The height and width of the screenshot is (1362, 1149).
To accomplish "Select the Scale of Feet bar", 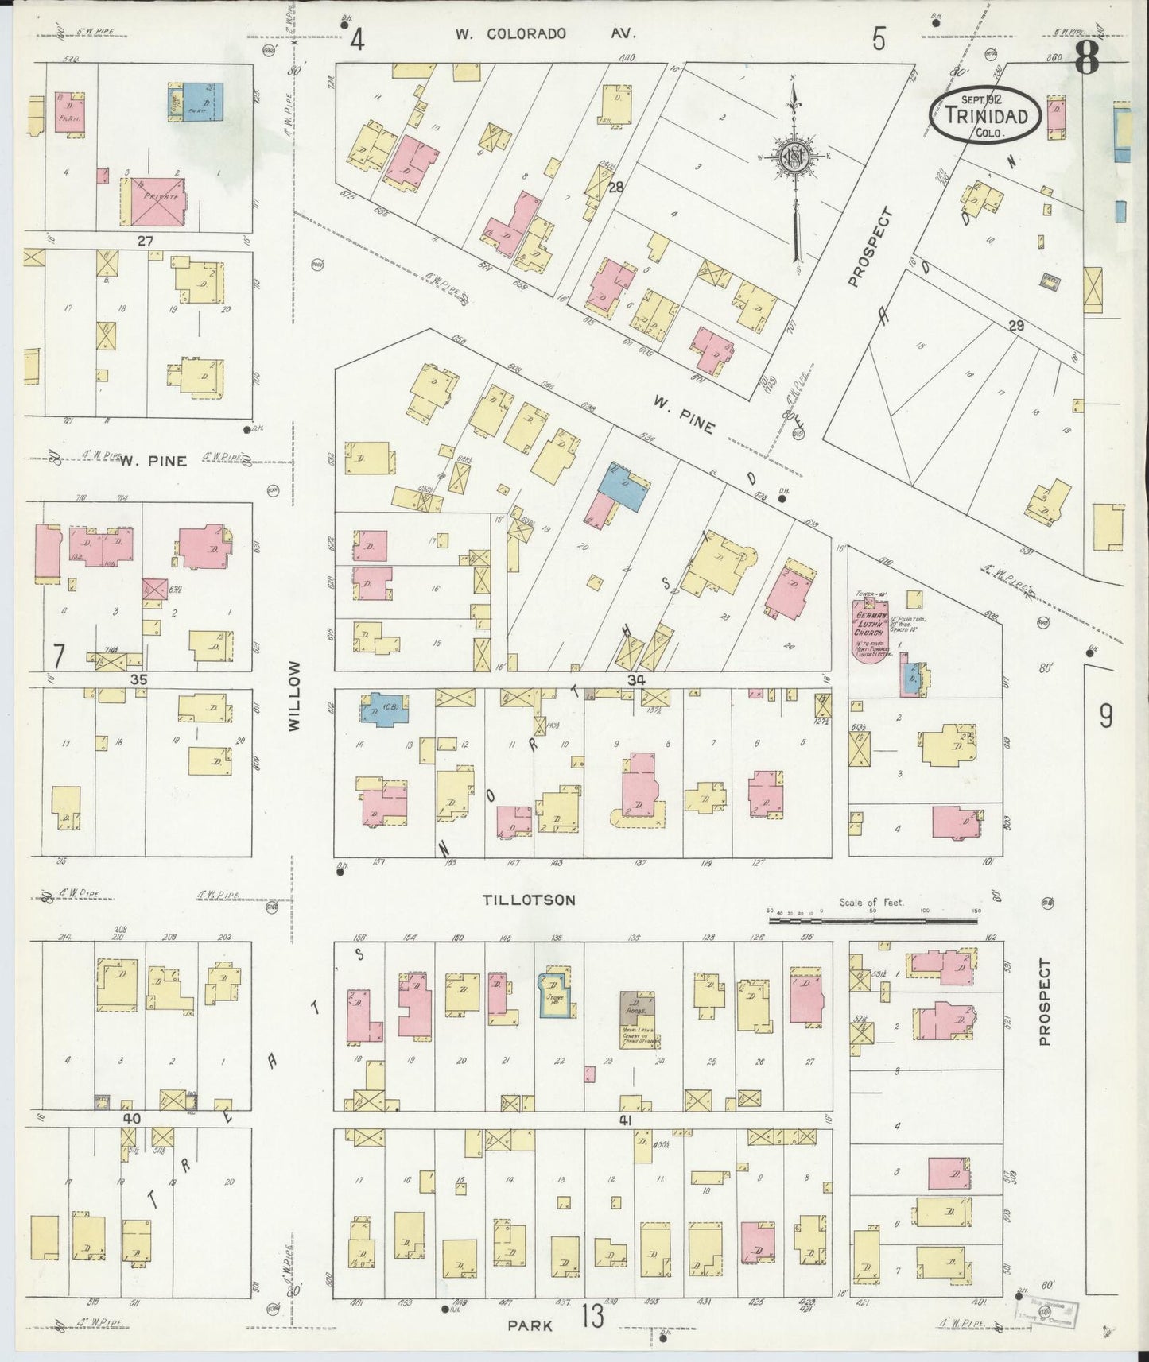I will click(872, 921).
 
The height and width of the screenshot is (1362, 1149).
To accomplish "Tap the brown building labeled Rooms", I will click(637, 1008).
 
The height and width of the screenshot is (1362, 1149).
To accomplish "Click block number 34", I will click(635, 680).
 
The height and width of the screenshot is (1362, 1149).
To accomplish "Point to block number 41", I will click(624, 1120).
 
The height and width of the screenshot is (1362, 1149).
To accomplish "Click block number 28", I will click(615, 188).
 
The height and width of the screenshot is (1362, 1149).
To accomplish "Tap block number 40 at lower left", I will click(131, 1118).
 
